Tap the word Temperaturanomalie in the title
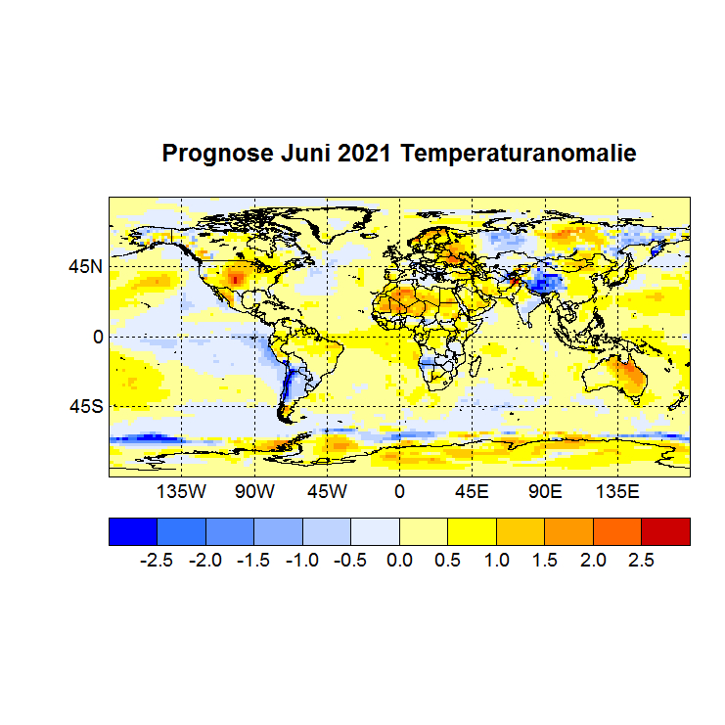[519, 155]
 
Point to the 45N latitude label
[84, 266]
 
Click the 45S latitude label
[84, 406]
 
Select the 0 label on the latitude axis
[97, 337]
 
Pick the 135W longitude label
[181, 491]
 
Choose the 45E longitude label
[472, 491]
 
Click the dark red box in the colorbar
[665, 531]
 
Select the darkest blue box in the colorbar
[132, 531]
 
